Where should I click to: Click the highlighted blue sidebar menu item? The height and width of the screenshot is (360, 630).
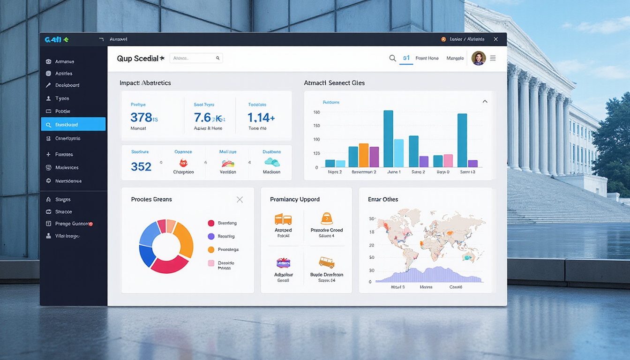coord(73,124)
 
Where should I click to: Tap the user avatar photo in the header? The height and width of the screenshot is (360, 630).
coord(478,58)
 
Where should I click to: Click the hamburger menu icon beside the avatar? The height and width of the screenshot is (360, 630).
coord(493,58)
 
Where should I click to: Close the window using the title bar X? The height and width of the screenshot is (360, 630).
coord(495,39)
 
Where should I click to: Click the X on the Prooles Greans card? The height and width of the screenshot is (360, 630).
coord(240,200)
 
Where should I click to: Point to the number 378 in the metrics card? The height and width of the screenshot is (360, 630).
coord(141,117)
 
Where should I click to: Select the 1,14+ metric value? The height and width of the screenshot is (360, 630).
coord(261,117)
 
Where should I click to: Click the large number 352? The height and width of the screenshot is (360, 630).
coord(141,166)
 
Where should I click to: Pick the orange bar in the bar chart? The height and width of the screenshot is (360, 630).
coord(364,155)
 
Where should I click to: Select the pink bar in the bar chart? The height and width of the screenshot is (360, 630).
coord(448,161)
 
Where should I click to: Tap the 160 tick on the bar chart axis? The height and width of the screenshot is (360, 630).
coord(316,112)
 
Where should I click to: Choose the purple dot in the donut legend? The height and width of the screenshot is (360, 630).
coord(211,236)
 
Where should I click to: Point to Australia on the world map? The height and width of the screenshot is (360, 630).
coord(468,256)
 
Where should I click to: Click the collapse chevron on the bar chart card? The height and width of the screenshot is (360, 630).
coord(485,102)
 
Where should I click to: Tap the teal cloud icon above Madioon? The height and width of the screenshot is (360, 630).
coord(271,162)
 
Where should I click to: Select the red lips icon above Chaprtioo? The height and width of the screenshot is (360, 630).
coord(184,163)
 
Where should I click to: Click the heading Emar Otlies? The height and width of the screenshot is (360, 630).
coord(383,199)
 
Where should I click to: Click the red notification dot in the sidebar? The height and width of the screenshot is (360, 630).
coord(90,224)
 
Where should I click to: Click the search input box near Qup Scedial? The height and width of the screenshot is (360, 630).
coord(195,58)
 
